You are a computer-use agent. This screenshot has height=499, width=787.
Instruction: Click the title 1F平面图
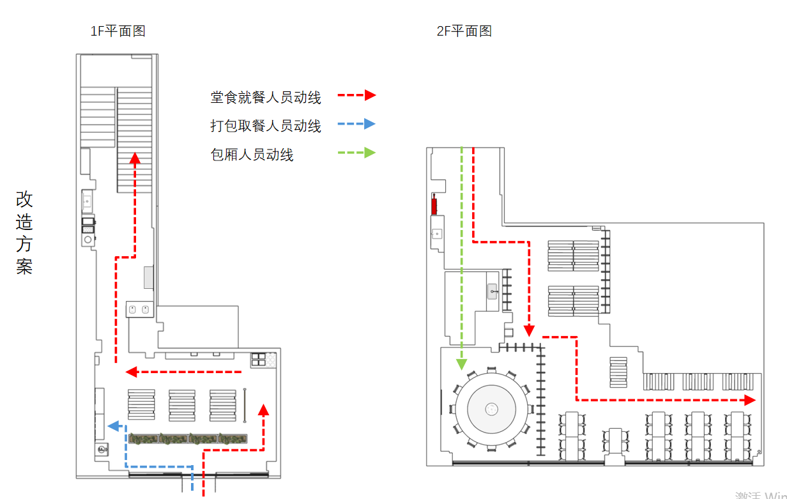(118, 31)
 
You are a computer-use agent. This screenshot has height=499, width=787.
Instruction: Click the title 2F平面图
(464, 31)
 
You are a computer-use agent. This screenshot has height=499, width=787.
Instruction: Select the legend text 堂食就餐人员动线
(266, 97)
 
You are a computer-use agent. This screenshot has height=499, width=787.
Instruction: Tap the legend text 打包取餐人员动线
(266, 126)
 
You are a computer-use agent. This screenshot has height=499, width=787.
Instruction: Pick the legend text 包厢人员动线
(252, 154)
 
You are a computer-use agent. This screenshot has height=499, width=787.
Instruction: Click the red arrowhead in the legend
(370, 95)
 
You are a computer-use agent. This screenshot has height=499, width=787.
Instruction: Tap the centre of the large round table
(491, 408)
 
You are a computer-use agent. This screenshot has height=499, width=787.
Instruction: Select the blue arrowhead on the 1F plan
(113, 426)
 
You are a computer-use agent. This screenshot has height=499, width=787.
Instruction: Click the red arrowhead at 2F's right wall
(749, 400)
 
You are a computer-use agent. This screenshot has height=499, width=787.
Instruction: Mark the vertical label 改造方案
(24, 233)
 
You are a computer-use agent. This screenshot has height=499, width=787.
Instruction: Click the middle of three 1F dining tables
(182, 404)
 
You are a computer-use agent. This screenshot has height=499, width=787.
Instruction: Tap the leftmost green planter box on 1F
(143, 439)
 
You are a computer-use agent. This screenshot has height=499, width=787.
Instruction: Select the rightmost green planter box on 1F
(233, 439)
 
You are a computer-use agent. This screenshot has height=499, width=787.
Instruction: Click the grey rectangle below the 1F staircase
(149, 278)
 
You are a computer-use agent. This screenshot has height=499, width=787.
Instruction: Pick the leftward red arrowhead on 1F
(132, 371)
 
